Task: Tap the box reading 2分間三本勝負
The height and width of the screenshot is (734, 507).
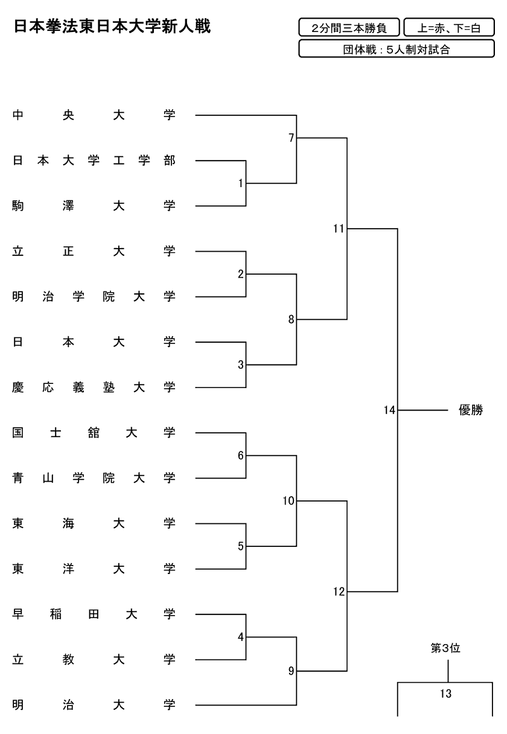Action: pyautogui.click(x=349, y=28)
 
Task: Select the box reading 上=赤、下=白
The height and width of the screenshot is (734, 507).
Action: pyautogui.click(x=448, y=28)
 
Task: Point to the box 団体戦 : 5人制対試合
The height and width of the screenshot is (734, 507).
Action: pyautogui.click(x=397, y=49)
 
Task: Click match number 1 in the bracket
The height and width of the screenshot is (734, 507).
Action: pyautogui.click(x=241, y=183)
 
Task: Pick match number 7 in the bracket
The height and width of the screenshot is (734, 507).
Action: pyautogui.click(x=291, y=138)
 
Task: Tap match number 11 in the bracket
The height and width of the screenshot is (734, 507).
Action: pyautogui.click(x=338, y=229)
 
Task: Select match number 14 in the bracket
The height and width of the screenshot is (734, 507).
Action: pyautogui.click(x=389, y=410)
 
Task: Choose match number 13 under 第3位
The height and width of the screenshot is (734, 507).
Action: pyautogui.click(x=445, y=694)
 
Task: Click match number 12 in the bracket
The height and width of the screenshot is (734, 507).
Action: pyautogui.click(x=338, y=592)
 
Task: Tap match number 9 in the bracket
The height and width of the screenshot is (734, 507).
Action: pyautogui.click(x=291, y=670)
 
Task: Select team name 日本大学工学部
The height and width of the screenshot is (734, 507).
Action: pyautogui.click(x=94, y=161)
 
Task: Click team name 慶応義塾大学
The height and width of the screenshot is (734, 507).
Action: pyautogui.click(x=94, y=387)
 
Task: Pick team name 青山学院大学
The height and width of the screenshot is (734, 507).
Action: pyautogui.click(x=94, y=478)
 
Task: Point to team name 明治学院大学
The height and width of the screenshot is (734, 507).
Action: pyautogui.click(x=94, y=296)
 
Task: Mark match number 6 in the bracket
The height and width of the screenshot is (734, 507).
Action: pyautogui.click(x=241, y=456)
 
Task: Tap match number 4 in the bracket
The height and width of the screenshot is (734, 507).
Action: pyautogui.click(x=241, y=636)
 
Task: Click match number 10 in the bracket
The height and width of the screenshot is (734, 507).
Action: pyautogui.click(x=288, y=500)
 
